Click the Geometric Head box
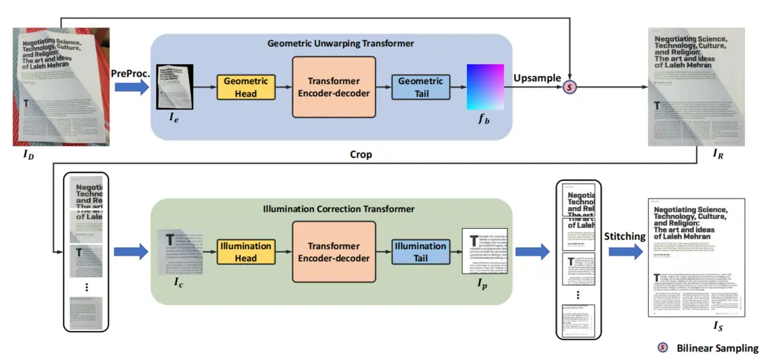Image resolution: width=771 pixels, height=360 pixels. point(246,87)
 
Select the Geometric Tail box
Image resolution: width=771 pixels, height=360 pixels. point(421,87)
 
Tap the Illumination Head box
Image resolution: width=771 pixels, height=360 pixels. point(246,252)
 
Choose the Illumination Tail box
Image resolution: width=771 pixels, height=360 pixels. point(421,252)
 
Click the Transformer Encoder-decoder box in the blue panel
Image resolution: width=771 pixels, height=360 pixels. point(334,87)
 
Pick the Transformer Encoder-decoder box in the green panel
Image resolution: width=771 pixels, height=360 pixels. point(334,252)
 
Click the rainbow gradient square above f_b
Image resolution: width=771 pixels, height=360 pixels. point(486,87)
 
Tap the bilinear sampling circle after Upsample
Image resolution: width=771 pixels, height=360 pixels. point(572,87)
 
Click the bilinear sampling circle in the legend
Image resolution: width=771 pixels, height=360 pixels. point(662,347)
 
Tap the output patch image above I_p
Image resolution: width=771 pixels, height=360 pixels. point(484,251)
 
